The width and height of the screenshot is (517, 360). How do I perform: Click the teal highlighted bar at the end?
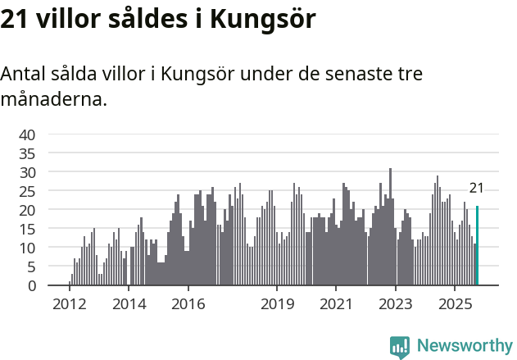[x=477, y=246]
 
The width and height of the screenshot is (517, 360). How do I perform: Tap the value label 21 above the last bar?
[x=476, y=188]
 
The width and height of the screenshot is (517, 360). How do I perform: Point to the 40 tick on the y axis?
[x=27, y=134]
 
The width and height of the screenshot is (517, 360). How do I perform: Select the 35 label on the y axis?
[x=27, y=153]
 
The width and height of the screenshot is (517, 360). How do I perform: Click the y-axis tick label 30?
[x=27, y=172]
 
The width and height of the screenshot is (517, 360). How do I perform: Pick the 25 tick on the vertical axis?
[x=27, y=191]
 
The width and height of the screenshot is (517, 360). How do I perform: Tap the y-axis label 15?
[x=27, y=229]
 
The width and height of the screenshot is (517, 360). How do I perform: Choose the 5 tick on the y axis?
[x=31, y=267]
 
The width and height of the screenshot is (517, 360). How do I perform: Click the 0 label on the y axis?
[x=31, y=285]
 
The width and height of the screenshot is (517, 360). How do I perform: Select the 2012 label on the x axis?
[x=70, y=304]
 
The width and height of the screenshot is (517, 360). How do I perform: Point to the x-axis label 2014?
[x=129, y=304]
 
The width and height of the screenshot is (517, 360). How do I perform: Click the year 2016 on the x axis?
[x=188, y=304]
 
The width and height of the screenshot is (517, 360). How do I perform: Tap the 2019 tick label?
[x=277, y=304]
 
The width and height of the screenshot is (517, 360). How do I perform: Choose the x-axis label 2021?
[x=336, y=304]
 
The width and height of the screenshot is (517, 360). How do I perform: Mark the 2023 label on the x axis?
[x=396, y=304]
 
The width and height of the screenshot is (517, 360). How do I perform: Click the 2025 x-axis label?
[x=455, y=304]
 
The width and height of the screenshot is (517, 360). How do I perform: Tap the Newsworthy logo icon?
[x=400, y=347]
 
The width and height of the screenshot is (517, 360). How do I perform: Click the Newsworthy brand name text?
[x=465, y=346]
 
